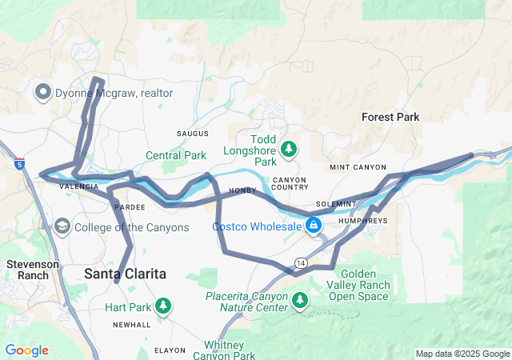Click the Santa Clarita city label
tap(126, 274)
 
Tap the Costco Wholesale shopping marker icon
tap(314, 226)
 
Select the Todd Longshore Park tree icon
tap(289, 149)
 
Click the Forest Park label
tap(390, 117)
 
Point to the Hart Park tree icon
tap(163, 306)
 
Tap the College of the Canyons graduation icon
tap(62, 227)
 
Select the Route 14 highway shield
tap(300, 262)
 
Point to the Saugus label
tap(193, 133)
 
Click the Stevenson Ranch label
tap(29, 270)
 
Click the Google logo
tap(27, 350)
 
